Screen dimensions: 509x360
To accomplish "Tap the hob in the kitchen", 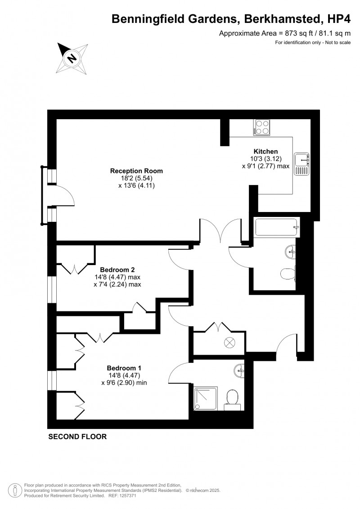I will (261, 127).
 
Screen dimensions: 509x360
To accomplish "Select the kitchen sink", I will (301, 164).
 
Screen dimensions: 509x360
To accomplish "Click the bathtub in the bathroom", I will (276, 227).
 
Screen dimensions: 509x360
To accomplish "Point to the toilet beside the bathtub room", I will (287, 273).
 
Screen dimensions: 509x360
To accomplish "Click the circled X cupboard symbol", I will (229, 342).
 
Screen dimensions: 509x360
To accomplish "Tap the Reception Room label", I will (136, 171).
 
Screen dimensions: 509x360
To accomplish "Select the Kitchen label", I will (265, 151).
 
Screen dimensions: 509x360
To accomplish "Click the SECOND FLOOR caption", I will (77, 437).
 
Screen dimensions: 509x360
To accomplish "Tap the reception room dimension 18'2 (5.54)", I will (137, 178).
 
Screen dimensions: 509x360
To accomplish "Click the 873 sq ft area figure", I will (275, 33).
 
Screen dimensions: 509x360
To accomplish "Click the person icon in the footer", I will (15, 490).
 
